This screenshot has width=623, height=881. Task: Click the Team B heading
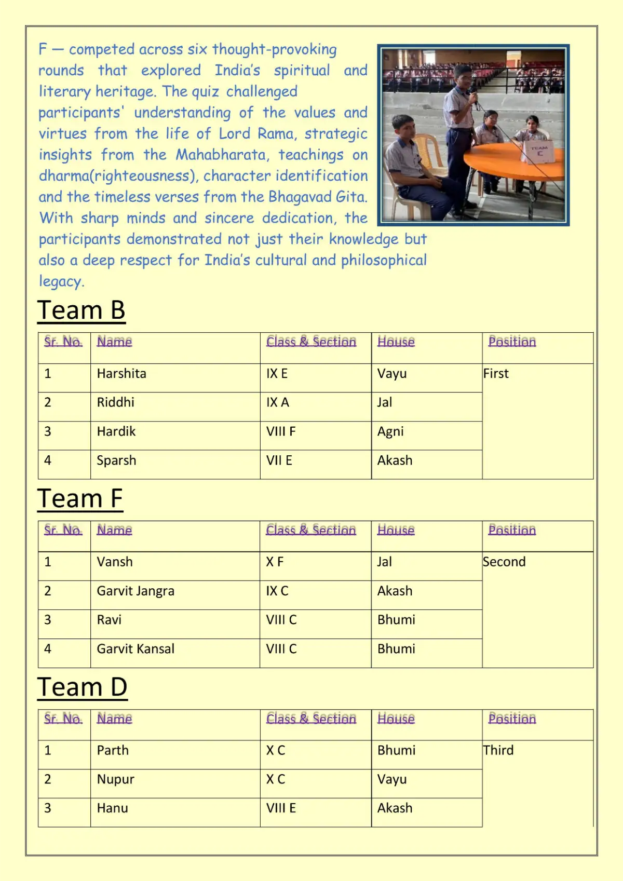tap(82, 310)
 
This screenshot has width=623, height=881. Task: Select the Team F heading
tap(80, 499)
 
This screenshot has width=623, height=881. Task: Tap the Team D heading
tap(82, 687)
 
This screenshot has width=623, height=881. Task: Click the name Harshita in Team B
tap(121, 374)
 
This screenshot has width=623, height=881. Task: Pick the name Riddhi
tap(115, 402)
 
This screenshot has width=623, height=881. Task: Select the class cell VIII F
tap(280, 431)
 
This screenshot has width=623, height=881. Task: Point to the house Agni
tap(390, 431)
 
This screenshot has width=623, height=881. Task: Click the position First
tap(496, 374)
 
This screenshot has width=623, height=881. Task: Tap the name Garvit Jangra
tap(136, 591)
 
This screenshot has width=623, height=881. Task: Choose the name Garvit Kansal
tap(136, 649)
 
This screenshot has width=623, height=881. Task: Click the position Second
tap(504, 562)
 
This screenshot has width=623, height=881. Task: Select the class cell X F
tap(275, 562)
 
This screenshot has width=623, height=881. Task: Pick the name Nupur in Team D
tap(115, 779)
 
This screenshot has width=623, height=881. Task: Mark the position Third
tap(498, 750)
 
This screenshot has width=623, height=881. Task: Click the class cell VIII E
tap(281, 808)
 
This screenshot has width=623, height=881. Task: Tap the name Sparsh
tap(116, 460)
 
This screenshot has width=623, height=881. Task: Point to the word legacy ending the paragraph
tap(61, 281)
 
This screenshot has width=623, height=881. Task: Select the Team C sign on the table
tap(539, 151)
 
